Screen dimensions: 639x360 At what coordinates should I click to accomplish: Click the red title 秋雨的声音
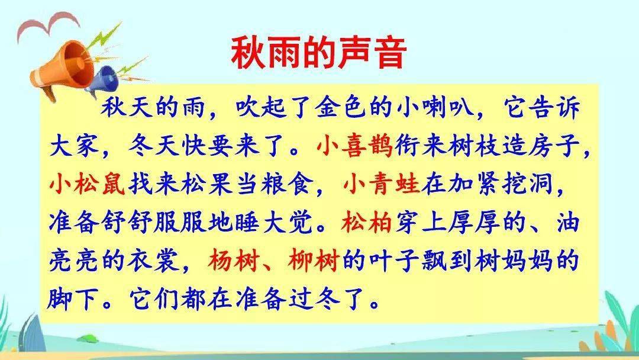click(319, 53)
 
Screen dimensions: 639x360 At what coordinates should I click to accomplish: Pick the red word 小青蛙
click(382, 184)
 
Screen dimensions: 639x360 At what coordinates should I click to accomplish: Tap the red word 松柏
click(367, 222)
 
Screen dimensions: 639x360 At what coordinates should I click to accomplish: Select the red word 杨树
click(233, 261)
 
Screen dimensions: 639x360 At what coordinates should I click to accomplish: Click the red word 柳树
click(314, 261)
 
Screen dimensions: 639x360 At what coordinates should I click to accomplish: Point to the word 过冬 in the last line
click(314, 299)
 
